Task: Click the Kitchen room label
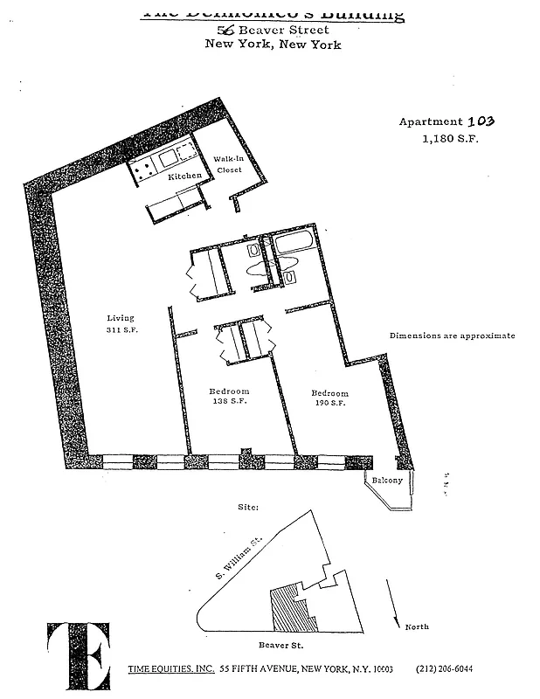click(x=184, y=176)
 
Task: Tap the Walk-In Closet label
click(x=229, y=164)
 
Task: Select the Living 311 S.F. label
click(x=121, y=324)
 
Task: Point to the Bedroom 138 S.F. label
click(x=229, y=396)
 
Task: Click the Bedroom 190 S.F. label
click(x=330, y=398)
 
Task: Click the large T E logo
click(x=79, y=655)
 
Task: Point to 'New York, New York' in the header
click(x=273, y=45)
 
